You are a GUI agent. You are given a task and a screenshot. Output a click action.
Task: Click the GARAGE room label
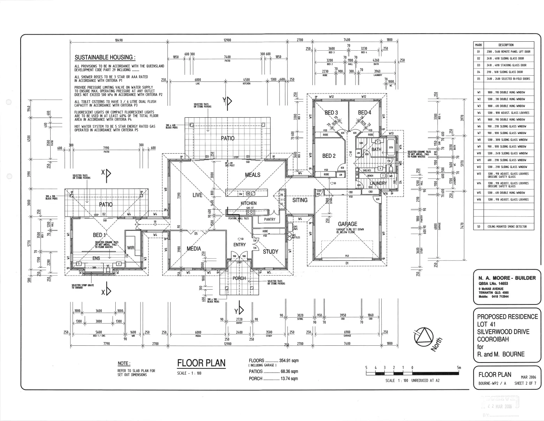[347, 224]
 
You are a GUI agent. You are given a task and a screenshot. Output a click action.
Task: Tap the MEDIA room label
[194, 249]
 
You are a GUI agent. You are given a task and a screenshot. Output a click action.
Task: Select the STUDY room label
[270, 251]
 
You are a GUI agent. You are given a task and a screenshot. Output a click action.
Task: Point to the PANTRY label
[269, 219]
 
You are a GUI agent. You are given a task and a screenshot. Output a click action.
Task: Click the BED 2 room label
[329, 156]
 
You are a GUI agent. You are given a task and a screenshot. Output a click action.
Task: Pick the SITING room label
[300, 200]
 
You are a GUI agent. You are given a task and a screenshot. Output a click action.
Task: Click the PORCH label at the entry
[239, 278]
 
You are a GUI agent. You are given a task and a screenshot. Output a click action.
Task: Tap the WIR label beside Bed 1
[130, 248]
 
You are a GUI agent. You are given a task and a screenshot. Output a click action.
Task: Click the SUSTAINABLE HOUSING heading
[105, 58]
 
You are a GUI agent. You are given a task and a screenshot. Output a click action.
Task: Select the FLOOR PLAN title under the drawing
[201, 363]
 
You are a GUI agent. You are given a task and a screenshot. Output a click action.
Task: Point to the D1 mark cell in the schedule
[479, 52]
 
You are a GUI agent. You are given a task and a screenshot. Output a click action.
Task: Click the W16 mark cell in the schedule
[479, 200]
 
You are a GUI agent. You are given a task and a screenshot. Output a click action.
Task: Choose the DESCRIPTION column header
[506, 45]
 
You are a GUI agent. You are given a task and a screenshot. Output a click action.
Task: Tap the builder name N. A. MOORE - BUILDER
[507, 278]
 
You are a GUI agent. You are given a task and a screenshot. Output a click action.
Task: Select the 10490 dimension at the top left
[119, 40]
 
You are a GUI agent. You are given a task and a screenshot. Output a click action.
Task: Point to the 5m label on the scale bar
[459, 368]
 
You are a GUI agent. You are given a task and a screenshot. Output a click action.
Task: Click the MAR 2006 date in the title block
[528, 377]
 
